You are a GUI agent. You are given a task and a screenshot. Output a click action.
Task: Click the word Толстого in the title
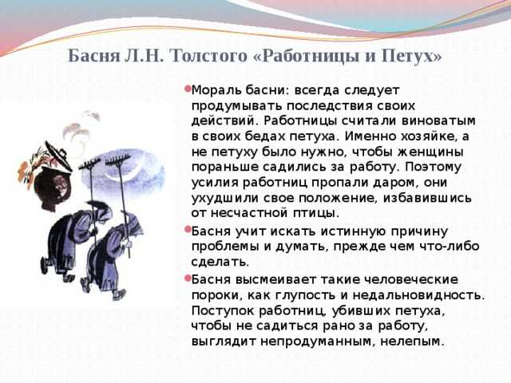point(208,56)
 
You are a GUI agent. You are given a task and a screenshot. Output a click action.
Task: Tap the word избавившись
point(427,198)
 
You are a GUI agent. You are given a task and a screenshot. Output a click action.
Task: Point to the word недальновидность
point(418,295)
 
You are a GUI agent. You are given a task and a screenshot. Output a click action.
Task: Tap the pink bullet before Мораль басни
point(188,89)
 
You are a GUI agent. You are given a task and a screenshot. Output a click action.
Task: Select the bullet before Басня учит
point(188,230)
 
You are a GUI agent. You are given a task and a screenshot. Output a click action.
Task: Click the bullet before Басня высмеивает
point(188,278)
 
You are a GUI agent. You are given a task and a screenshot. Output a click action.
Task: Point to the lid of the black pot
point(58,155)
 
